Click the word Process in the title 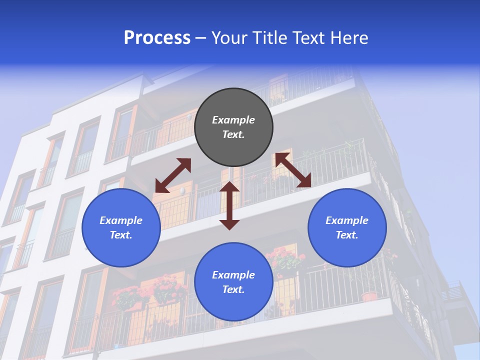pyautogui.click(x=157, y=38)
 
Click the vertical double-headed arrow pyautogui.click(x=229, y=205)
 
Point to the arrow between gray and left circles pyautogui.click(x=173, y=175)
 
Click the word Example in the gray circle pyautogui.click(x=233, y=120)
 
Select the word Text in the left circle pyautogui.click(x=121, y=235)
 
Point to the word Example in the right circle pyautogui.click(x=347, y=220)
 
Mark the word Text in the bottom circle pyautogui.click(x=233, y=289)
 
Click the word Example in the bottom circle pyautogui.click(x=233, y=275)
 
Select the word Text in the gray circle pyautogui.click(x=233, y=134)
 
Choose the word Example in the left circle pyautogui.click(x=121, y=220)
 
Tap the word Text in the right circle pyautogui.click(x=347, y=235)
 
